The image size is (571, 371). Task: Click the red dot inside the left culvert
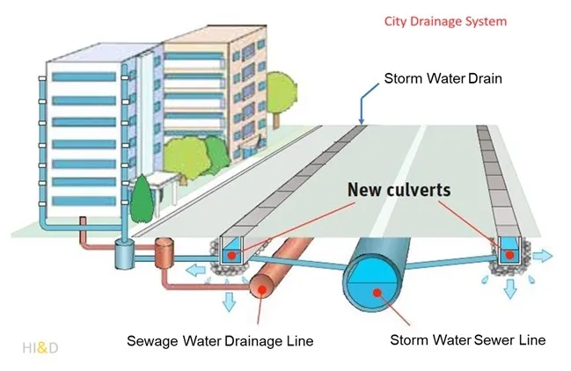point(230,254)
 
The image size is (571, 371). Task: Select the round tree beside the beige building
point(281,90)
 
